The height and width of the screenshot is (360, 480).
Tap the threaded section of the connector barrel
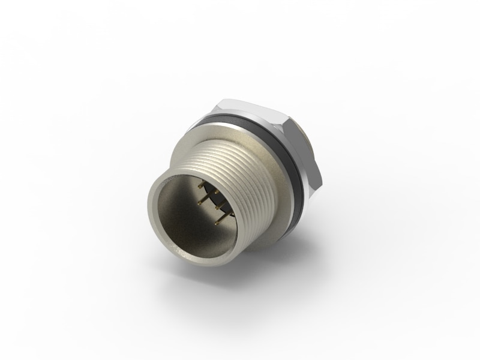(x=240, y=168)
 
